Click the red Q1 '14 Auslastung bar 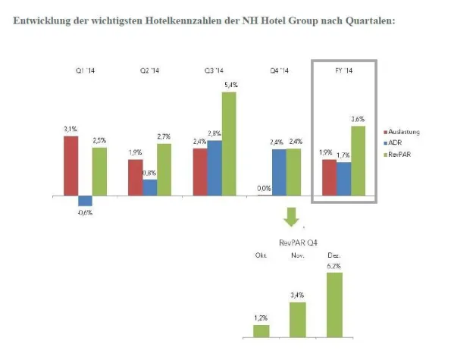tap(70, 165)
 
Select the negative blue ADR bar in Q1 tap(85, 201)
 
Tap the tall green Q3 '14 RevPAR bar tap(229, 143)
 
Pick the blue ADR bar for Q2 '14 tap(149, 187)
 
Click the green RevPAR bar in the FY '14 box tap(359, 161)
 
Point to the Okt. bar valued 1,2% tap(262, 330)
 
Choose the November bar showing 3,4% tap(298, 319)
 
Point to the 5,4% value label tap(230, 86)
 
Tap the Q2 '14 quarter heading tap(149, 71)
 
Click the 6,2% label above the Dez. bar tap(334, 267)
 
